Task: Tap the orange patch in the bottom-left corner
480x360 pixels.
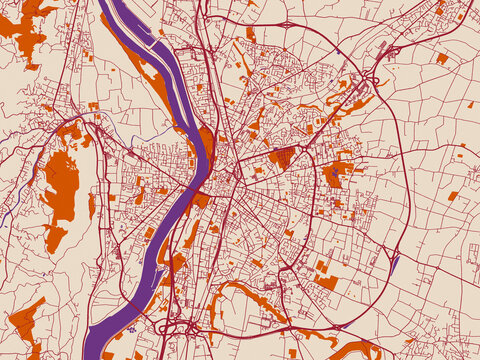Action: coord(26,326)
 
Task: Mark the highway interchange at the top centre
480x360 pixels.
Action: coord(287,23)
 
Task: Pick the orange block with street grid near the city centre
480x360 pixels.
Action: coord(283,157)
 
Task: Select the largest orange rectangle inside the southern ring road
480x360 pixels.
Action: coord(326,282)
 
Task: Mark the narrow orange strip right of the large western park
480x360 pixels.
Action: coord(91,206)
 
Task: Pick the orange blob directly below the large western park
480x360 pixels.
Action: coord(55,238)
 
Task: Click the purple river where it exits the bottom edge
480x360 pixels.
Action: coord(100,350)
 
